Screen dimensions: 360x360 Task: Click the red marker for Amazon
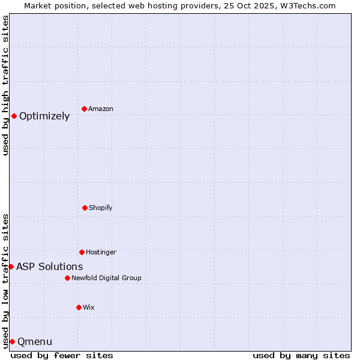point(84,109)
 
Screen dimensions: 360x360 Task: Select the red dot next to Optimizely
point(14,116)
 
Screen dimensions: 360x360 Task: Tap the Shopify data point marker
point(85,208)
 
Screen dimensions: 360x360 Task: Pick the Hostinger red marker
point(82,252)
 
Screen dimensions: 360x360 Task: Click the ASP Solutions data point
point(11,266)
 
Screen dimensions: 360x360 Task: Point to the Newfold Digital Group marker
point(67,278)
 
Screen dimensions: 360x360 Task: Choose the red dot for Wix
point(79,307)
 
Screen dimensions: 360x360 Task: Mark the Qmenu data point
point(12,341)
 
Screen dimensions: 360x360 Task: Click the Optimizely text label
point(44,116)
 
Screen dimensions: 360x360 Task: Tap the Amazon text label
point(101,109)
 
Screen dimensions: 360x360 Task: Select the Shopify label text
point(101,208)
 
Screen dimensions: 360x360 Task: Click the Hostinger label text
point(101,253)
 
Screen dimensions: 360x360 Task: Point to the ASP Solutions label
point(50,267)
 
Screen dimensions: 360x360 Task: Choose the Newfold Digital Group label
point(106,278)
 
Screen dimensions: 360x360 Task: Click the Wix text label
point(89,308)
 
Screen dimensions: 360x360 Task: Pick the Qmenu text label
point(35,342)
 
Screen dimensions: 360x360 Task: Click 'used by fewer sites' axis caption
point(62,355)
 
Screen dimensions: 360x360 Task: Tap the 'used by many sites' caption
point(301,355)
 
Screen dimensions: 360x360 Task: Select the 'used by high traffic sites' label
point(5,85)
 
